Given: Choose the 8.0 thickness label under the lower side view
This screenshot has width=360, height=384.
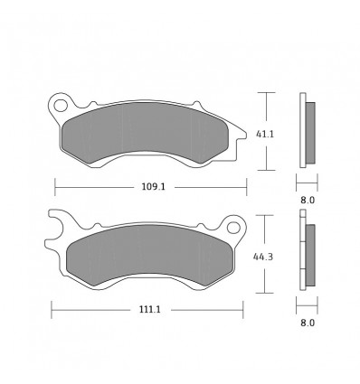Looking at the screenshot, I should pyautogui.click(x=307, y=322).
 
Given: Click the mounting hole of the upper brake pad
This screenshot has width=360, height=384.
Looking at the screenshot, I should pyautogui.click(x=61, y=106).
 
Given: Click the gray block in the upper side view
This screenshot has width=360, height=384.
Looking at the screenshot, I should pyautogui.click(x=311, y=132).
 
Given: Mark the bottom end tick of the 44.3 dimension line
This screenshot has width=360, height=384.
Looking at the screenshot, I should pyautogui.click(x=264, y=294).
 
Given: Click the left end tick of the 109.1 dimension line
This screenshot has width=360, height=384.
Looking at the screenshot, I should pyautogui.click(x=55, y=189).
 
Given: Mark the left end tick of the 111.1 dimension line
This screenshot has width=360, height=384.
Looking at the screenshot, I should pyautogui.click(x=52, y=310).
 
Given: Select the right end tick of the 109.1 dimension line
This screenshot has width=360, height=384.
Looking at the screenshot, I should pyautogui.click(x=247, y=189).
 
